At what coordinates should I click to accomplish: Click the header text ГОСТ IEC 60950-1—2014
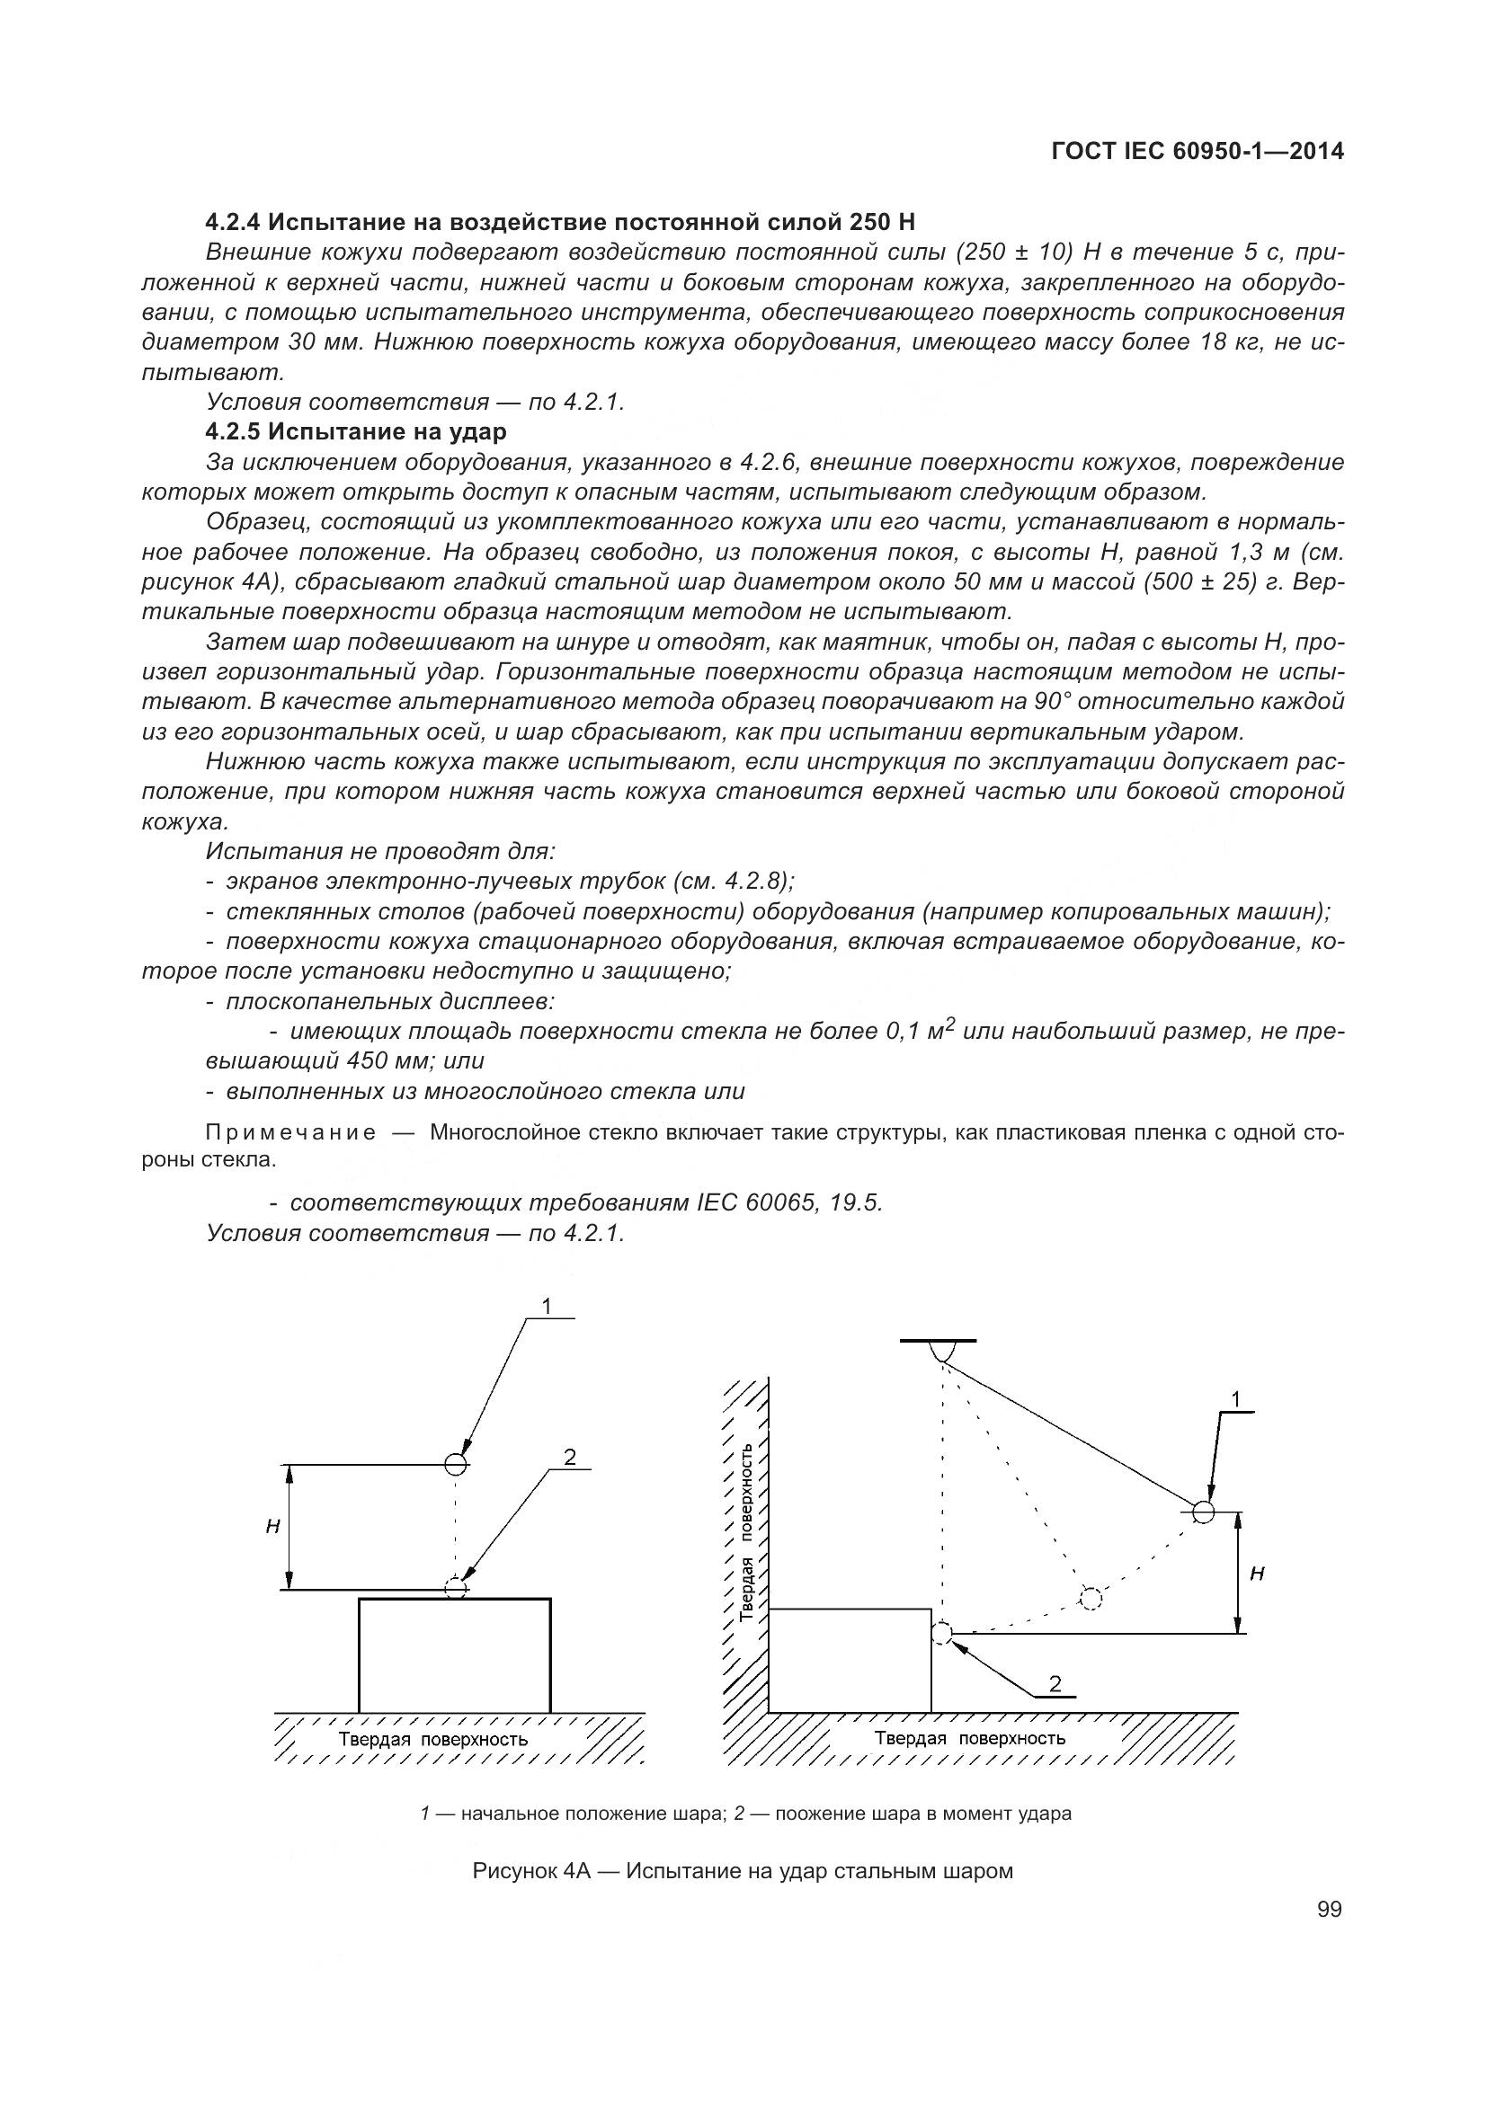tap(1198, 152)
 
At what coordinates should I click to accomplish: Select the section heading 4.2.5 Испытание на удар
tap(356, 431)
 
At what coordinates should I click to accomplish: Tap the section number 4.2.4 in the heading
tap(233, 223)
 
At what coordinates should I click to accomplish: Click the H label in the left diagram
tap(272, 1527)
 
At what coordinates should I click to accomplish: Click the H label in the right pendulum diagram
tap(1257, 1574)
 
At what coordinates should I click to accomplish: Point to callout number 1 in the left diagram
tap(547, 1307)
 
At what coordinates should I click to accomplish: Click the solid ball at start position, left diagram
tap(456, 1464)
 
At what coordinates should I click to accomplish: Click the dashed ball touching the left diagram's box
tap(456, 1588)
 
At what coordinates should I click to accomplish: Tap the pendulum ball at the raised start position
tap(1203, 1512)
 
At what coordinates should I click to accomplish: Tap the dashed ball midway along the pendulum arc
tap(1090, 1599)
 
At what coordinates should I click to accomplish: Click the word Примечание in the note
tap(290, 1133)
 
